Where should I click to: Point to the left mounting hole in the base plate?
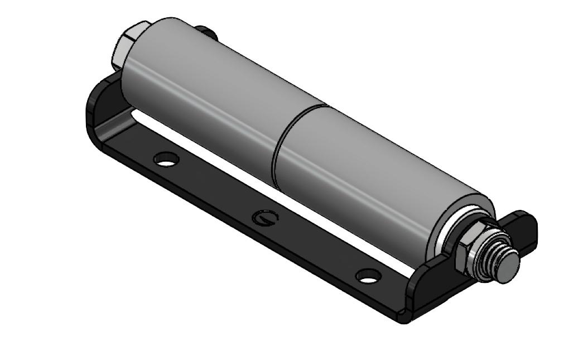[x=167, y=160]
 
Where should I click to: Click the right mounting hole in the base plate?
[x=368, y=275]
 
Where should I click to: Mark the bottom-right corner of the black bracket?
[x=407, y=321]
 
